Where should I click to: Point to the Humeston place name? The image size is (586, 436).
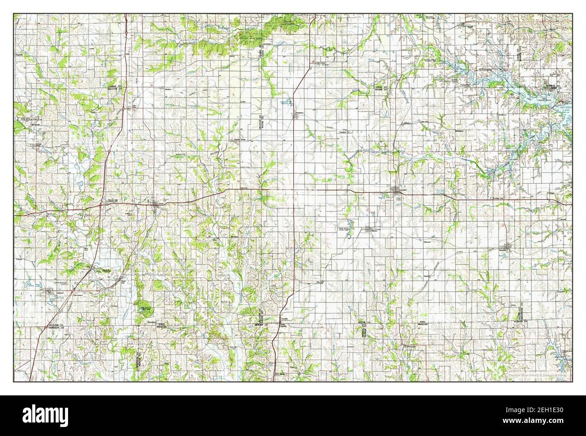[x=300, y=112]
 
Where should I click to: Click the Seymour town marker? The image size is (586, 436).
[x=507, y=247]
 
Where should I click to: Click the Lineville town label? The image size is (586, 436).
[x=284, y=319]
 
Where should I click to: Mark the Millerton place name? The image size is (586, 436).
[x=408, y=123]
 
